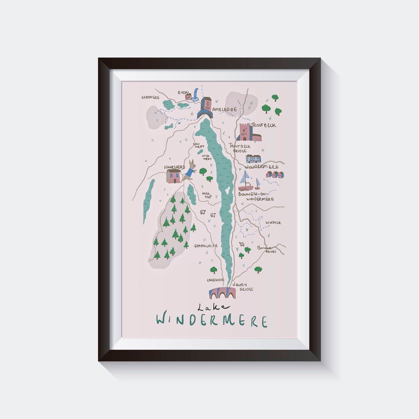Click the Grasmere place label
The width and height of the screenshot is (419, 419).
click(x=150, y=97)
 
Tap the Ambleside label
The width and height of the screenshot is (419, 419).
click(x=224, y=110)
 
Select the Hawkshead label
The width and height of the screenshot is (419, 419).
click(x=174, y=167)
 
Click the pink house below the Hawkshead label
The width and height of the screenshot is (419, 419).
click(x=174, y=176)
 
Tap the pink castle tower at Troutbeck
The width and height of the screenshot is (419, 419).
click(x=244, y=132)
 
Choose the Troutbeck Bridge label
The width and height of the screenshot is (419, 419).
click(x=240, y=148)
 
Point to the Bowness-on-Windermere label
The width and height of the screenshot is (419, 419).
click(x=256, y=196)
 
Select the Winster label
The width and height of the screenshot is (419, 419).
click(x=273, y=223)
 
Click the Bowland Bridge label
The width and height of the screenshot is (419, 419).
click(x=267, y=249)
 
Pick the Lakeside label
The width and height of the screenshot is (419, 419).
click(x=215, y=280)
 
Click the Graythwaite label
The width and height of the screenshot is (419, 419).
click(x=206, y=246)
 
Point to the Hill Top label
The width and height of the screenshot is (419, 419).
click(x=207, y=195)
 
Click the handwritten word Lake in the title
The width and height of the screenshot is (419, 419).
click(x=213, y=307)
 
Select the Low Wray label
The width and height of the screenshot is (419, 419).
click(x=199, y=145)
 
